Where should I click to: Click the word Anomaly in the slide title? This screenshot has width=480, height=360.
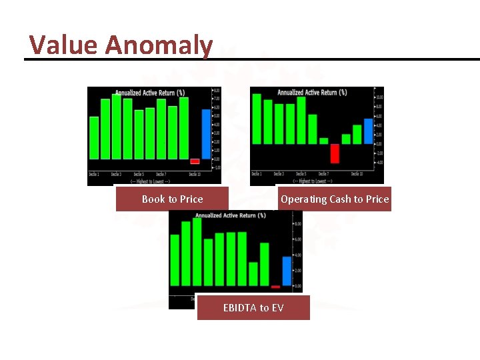pos(159,45)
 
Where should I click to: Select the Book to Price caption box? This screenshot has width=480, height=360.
pos(172,199)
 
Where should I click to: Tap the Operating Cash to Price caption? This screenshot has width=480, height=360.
pos(335,199)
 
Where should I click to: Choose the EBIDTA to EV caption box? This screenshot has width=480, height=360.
pos(253,307)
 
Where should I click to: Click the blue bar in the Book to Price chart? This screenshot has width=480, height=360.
pos(206,133)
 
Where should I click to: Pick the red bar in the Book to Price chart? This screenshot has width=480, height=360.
pos(195,161)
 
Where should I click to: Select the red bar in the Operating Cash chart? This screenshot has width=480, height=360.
pos(335,153)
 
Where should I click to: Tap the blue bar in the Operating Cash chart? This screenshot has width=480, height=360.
pos(369,131)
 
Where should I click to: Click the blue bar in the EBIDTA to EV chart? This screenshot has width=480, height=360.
pos(287,271)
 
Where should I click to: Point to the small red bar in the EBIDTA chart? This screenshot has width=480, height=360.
pos(275,287)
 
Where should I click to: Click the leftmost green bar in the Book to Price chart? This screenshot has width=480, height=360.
pos(94,137)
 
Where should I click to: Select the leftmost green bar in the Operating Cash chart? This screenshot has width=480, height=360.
pos(257,118)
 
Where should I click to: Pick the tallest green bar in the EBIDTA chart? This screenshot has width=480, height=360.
pos(197,252)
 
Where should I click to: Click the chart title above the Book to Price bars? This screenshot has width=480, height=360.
pos(150,93)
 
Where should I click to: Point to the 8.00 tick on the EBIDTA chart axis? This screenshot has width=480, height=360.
pos(297,224)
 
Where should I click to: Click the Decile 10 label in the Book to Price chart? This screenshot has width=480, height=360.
pos(195,174)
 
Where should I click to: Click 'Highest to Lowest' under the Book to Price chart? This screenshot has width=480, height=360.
pos(150,181)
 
